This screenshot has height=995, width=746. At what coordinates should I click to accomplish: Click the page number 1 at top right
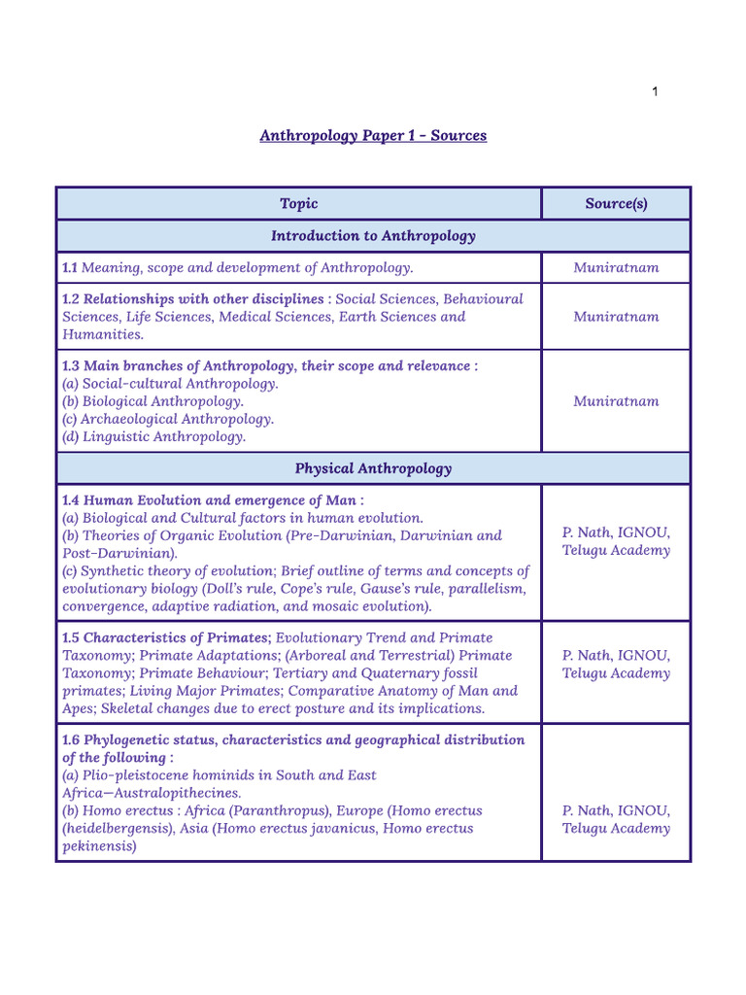tap(655, 91)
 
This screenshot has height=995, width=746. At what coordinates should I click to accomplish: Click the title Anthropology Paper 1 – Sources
tap(373, 135)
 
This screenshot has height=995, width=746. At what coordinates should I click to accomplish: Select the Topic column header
tap(298, 203)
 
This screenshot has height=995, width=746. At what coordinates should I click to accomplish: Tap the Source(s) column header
tap(616, 203)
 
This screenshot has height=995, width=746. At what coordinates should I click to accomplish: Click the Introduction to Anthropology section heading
tap(373, 236)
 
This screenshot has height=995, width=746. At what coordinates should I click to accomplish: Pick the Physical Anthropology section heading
tap(373, 468)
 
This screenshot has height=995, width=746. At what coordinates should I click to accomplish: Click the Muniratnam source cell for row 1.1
tap(616, 267)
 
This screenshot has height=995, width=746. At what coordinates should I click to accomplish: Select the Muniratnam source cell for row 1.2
tap(616, 316)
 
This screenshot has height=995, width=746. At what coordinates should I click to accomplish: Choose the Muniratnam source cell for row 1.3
tap(616, 400)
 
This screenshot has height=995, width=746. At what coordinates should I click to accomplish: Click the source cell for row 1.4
tap(616, 541)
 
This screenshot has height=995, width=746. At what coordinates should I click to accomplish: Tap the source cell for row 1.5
tap(616, 665)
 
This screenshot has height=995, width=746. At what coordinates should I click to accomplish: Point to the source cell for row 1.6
tap(616, 819)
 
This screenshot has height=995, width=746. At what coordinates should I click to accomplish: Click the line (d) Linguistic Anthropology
tap(153, 436)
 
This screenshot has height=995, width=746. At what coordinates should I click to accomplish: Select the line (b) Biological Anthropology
tap(153, 400)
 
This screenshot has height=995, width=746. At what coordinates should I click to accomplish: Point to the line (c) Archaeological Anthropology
tap(167, 419)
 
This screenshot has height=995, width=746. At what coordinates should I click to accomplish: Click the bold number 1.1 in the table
tap(70, 267)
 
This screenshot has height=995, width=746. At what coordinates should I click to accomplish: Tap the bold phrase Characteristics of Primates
tap(177, 637)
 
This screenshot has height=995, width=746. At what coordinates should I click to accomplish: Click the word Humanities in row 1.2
tap(102, 334)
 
